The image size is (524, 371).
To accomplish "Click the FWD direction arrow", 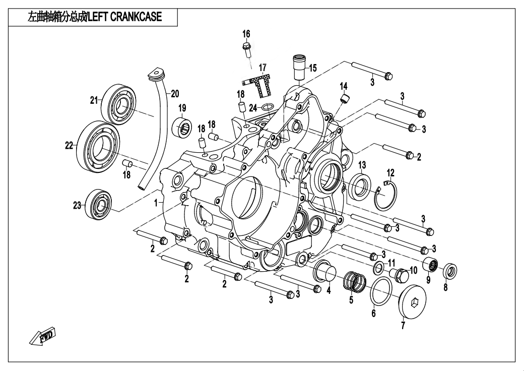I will [42, 336].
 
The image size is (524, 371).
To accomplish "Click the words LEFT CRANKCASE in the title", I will [125, 17].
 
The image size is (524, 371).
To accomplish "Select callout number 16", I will [246, 34].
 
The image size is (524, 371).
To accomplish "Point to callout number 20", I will [174, 93].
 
